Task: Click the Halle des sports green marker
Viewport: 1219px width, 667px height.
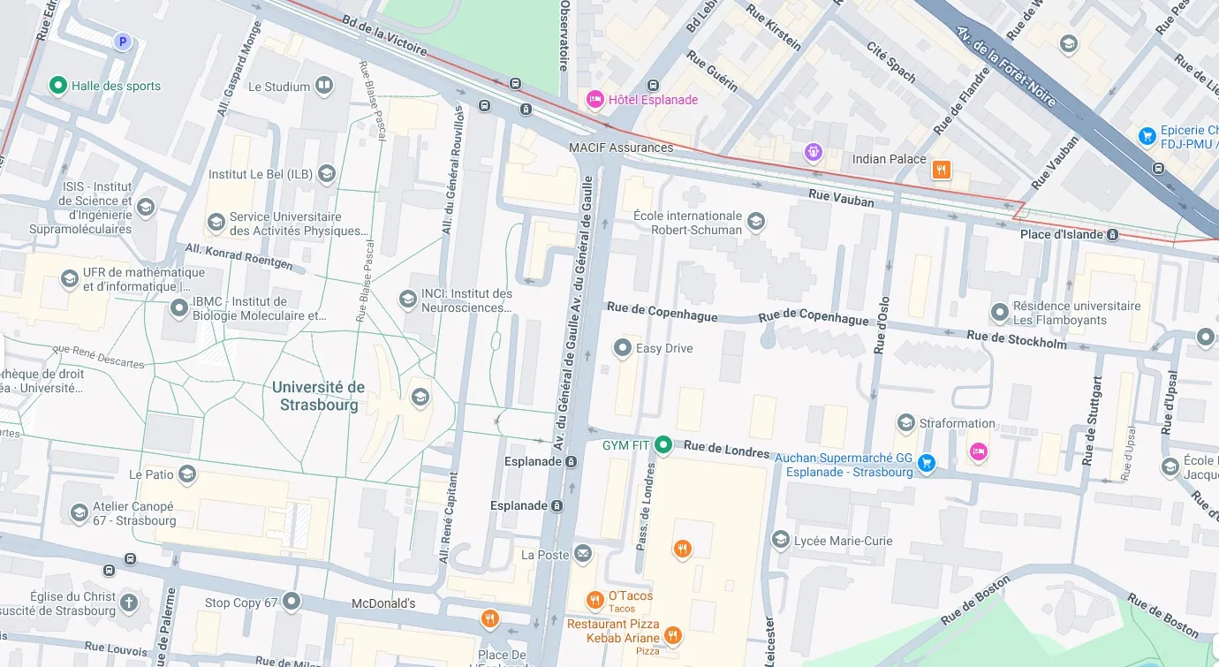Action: [58, 86]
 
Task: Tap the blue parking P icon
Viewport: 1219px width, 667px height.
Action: [123, 41]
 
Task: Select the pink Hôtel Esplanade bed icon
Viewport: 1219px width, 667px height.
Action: [595, 99]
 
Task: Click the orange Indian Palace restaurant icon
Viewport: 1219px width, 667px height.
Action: [942, 170]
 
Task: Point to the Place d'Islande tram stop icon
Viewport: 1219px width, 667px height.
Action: [1112, 234]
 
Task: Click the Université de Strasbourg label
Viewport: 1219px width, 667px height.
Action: [318, 396]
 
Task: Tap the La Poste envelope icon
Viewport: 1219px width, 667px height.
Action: [582, 554]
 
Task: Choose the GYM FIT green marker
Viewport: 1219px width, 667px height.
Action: [663, 444]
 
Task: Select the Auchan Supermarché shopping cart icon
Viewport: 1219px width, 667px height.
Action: [926, 462]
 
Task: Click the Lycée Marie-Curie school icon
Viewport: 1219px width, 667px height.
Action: [780, 540]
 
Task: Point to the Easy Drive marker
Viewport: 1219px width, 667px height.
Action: [623, 348]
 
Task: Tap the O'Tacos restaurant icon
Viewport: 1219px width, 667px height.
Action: [595, 601]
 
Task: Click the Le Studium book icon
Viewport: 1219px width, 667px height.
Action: [324, 86]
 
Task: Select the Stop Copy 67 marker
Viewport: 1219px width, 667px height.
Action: [291, 602]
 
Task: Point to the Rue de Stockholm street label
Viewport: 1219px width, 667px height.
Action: [1016, 338]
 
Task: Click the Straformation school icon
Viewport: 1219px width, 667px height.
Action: [905, 423]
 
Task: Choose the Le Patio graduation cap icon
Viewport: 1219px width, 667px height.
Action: [186, 474]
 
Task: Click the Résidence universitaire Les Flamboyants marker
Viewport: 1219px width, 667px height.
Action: [1000, 313]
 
